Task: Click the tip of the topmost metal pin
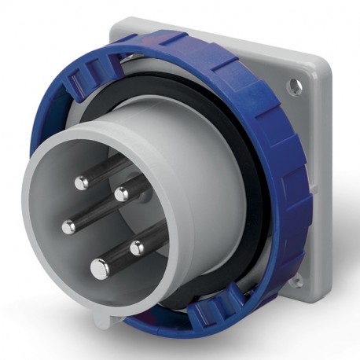[82, 182]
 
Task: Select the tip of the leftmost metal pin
[70, 225]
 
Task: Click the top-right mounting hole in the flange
[296, 81]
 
